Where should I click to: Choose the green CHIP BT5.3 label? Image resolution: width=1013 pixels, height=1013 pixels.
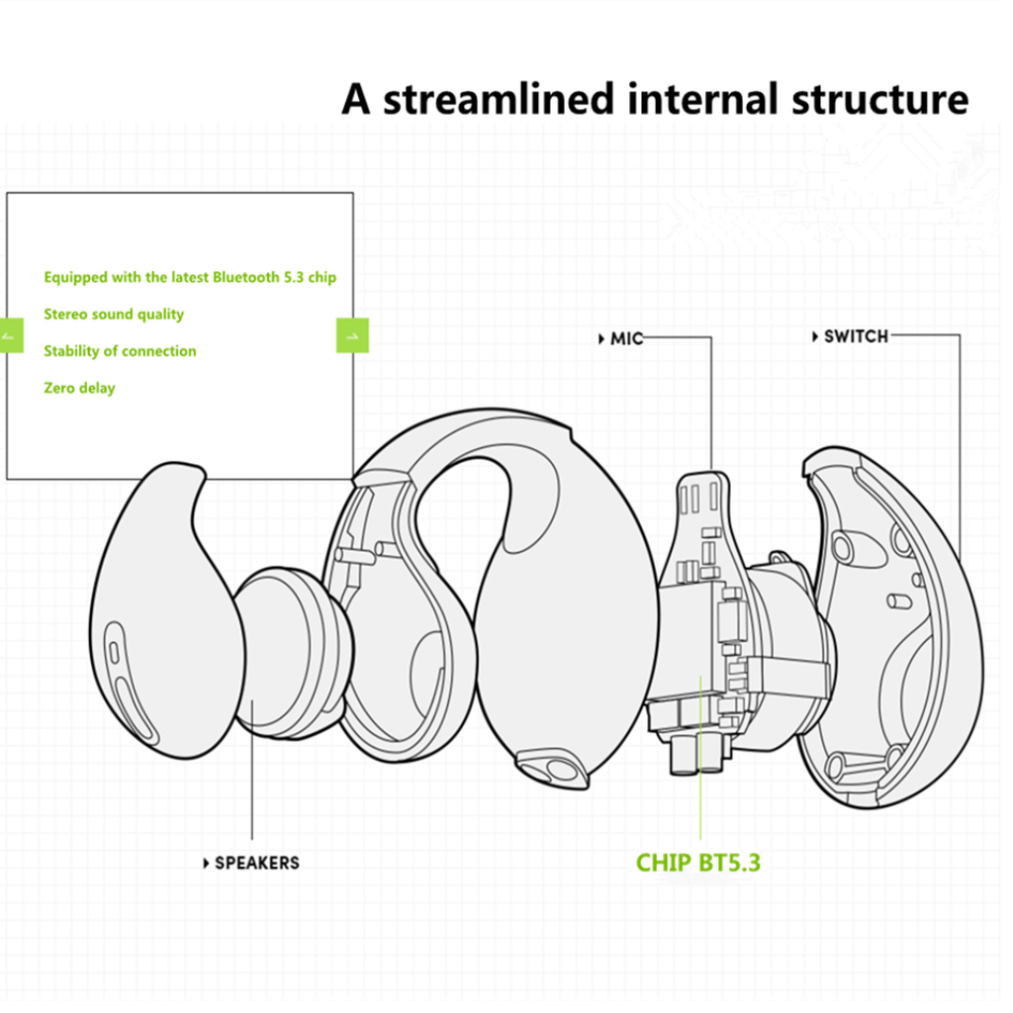click(697, 862)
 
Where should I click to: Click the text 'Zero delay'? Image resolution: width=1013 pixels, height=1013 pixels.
click(79, 388)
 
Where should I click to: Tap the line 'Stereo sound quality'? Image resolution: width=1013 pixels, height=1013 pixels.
click(114, 314)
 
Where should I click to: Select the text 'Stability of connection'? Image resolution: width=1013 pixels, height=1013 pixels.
click(120, 351)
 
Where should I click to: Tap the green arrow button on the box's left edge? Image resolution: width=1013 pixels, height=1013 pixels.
click(13, 335)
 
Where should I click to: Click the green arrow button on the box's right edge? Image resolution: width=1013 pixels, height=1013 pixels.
click(352, 335)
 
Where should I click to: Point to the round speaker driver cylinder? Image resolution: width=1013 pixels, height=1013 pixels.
click(287, 648)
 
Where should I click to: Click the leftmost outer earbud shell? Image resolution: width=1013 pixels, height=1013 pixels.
click(158, 613)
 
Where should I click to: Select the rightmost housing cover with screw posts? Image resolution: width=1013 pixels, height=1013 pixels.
click(890, 633)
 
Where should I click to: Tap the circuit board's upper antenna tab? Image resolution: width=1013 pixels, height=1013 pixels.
click(704, 495)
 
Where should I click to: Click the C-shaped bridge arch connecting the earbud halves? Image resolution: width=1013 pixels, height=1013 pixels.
click(465, 445)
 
